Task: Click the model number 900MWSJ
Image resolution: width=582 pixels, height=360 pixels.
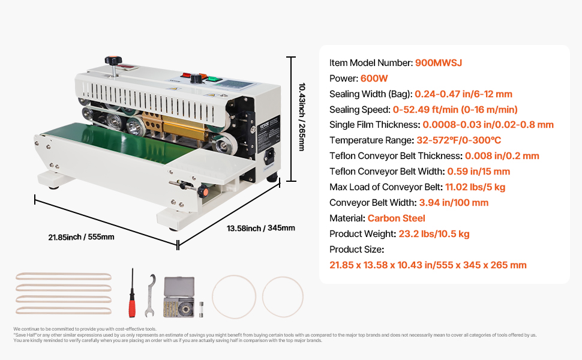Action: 439,63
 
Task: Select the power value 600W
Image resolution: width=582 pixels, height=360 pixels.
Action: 374,79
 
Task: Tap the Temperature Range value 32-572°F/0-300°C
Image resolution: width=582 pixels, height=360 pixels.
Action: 459,140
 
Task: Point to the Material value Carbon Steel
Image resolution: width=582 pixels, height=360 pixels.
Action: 396,218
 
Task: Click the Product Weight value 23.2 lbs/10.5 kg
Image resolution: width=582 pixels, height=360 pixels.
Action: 434,234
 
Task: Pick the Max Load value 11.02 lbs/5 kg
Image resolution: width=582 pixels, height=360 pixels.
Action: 475,187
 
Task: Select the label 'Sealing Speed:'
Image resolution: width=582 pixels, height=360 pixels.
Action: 359,109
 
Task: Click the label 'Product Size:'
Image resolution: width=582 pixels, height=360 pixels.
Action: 356,250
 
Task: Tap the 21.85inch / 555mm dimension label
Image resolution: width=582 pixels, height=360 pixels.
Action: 81,237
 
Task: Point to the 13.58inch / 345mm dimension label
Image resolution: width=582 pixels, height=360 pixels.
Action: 261,228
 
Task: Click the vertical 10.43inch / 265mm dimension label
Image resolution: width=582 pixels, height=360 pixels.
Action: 302,117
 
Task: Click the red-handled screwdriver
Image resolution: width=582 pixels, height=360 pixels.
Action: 132,293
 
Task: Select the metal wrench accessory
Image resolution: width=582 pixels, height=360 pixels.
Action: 150,295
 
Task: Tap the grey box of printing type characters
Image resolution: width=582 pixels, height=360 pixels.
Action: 179,297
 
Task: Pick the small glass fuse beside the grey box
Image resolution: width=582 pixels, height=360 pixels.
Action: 201,309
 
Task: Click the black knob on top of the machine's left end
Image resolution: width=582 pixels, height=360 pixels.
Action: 113,60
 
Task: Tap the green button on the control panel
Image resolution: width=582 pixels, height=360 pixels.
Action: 213,79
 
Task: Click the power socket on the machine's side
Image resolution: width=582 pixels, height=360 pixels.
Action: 269,157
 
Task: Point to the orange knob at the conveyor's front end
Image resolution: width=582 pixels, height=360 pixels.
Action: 203,191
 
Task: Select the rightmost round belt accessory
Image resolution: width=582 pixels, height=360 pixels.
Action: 283,297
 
